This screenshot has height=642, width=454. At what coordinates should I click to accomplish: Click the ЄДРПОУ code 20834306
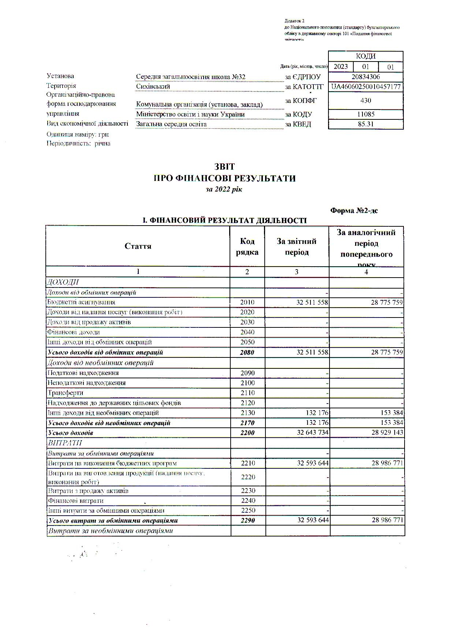pos(365,77)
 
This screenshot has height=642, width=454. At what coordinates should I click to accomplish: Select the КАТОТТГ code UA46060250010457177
pos(366,87)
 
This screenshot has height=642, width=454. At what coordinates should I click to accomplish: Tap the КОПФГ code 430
pos(366,100)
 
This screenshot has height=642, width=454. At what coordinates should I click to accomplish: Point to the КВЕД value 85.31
pos(366,124)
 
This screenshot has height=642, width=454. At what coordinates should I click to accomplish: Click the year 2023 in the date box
pos(341,67)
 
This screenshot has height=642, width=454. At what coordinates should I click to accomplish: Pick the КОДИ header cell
pos(366,56)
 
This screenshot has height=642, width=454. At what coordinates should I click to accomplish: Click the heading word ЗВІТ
pos(224,167)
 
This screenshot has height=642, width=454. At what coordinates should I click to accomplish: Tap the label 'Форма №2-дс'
pos(354,211)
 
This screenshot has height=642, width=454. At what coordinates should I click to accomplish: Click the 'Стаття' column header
pos(138,246)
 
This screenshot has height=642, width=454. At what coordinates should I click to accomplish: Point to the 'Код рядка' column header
pos(247,246)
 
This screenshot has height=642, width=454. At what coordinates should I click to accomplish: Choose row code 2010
pos(247,303)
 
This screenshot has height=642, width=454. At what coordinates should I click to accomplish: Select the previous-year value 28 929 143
pos(387,433)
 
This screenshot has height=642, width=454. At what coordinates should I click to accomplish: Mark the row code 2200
pos(247,433)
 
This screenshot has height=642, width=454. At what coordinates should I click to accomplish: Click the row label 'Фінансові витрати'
pos(76,501)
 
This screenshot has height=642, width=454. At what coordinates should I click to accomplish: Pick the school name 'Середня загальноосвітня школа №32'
pos(190,77)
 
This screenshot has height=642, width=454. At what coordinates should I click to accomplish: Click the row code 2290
pos(248,520)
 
